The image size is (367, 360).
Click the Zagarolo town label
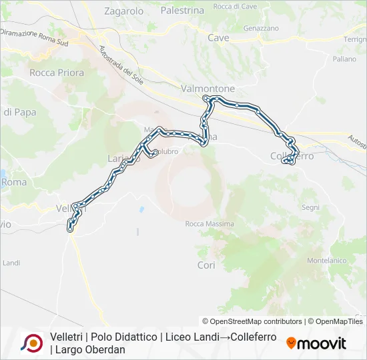pos(124,11)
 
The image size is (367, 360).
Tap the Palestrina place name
pos(182,11)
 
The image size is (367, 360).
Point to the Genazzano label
pos(261,29)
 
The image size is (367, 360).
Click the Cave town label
pos(218,38)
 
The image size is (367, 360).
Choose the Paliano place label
pos(344,59)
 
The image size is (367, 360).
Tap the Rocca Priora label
pos(57,73)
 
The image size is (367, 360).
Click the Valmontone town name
pos(208,88)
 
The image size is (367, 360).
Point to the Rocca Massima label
pos(203,223)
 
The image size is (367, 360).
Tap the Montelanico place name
pos(324,260)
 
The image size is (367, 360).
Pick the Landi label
pos(11,263)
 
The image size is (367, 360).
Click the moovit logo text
pos(322,343)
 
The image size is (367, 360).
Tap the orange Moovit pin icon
pos(291,343)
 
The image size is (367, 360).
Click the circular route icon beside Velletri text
pos(31,343)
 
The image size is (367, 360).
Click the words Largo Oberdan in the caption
pos(90,349)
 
